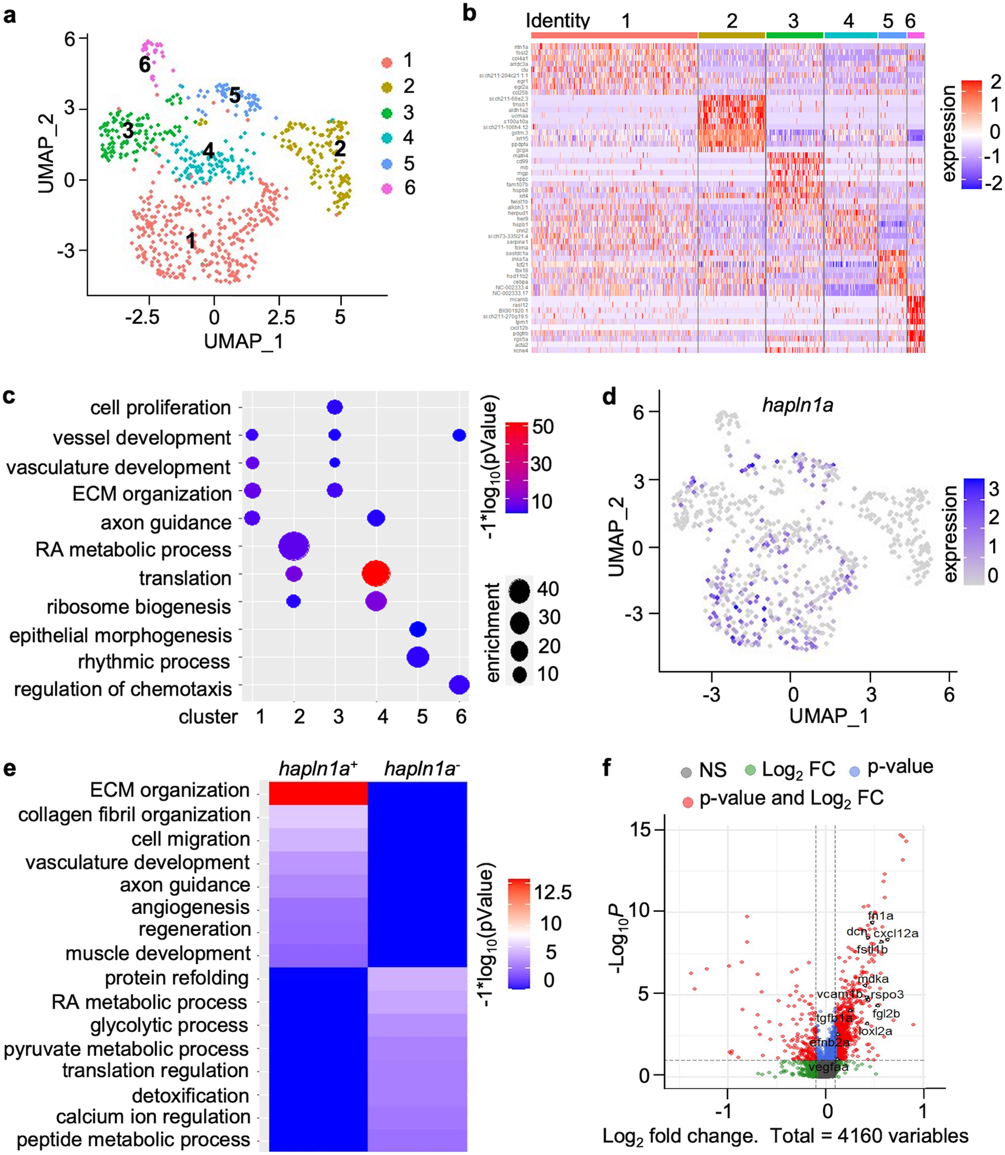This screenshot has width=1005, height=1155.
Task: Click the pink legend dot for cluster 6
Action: pos(386,189)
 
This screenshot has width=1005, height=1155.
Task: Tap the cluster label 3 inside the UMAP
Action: pos(129,131)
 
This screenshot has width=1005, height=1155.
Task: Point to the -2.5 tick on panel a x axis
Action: pos(142,317)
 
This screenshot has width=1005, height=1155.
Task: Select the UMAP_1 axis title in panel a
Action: pos(243,341)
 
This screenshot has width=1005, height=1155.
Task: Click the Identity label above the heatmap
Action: pos(557,21)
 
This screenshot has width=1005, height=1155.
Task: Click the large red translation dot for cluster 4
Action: pos(376,574)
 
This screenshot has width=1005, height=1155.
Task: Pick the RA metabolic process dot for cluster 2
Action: pos(293,546)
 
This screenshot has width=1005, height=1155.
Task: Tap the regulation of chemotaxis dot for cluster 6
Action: pos(459,685)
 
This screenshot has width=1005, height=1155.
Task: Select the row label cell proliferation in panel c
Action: pos(160,408)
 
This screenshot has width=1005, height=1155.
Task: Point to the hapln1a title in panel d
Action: pos(797,405)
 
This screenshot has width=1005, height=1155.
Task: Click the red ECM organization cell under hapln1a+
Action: pos(318,793)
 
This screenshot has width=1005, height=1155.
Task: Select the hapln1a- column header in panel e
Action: pos(421,769)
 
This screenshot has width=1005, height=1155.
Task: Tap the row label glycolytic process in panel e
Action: pos(169,1025)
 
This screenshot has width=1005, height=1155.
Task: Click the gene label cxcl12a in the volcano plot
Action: pos(895,933)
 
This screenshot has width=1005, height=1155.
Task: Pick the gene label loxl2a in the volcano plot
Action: pos(875,1031)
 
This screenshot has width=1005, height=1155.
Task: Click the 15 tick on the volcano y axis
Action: pos(640,830)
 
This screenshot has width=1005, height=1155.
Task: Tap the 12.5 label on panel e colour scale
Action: pos(552,893)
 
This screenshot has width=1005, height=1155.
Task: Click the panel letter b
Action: pos(469,14)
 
